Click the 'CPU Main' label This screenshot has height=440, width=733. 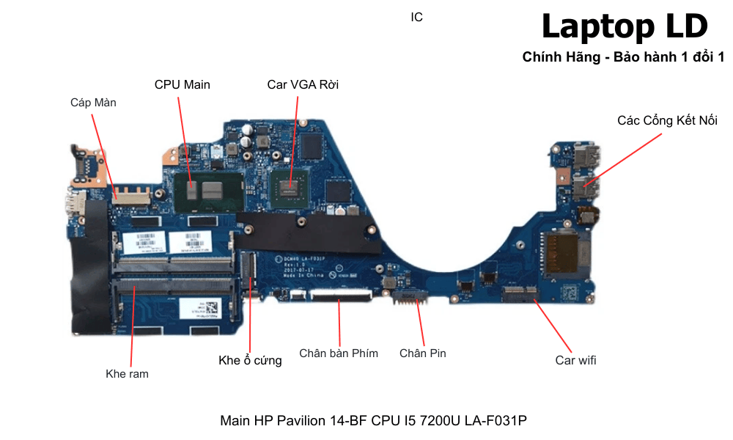click(182, 84)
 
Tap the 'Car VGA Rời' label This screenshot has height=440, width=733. click(303, 84)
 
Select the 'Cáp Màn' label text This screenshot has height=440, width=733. click(93, 103)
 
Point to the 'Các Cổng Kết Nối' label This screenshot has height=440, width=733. click(667, 120)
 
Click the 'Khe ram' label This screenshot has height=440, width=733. click(127, 374)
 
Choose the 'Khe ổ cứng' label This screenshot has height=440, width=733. click(250, 360)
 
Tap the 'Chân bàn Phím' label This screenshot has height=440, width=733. click(339, 353)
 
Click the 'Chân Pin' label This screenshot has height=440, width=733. click(422, 353)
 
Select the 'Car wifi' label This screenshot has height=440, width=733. click(575, 360)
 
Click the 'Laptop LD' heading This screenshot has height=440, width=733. click(624, 27)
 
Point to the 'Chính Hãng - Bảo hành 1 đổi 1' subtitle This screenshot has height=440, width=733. click(623, 57)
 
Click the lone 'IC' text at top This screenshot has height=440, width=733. click(416, 17)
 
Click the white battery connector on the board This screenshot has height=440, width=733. click(411, 296)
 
